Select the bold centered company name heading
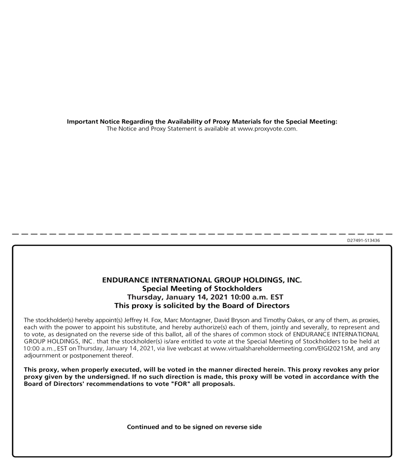click(202, 280)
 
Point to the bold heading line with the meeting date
click(202, 297)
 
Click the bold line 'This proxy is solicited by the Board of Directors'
click(202, 305)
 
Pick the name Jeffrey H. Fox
click(149, 320)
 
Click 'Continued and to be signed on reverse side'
click(194, 427)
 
